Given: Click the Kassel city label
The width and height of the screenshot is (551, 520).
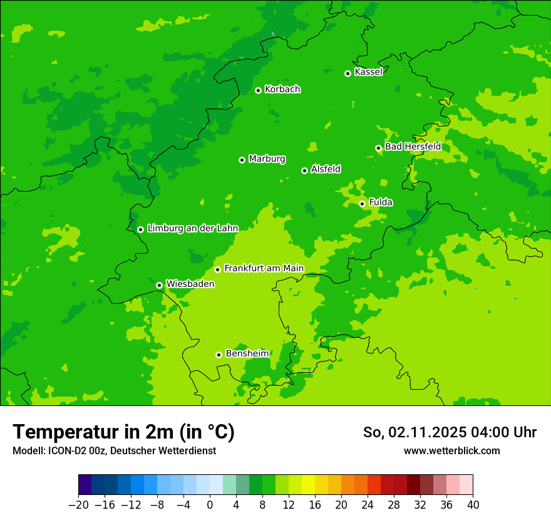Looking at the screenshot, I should coord(368,72).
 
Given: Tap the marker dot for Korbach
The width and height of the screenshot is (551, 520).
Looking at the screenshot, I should coord(258,90).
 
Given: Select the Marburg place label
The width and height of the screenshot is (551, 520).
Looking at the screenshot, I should coord(267,159).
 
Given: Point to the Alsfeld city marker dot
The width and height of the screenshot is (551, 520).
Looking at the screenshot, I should coord(304,170).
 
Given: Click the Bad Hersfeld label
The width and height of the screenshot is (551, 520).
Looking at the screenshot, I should coord(413,147).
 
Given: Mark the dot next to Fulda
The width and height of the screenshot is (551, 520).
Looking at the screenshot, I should coord(362,204).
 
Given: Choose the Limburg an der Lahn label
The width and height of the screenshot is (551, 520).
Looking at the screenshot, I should coord(192,229).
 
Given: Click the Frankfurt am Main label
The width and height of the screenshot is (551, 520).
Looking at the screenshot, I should coord(264,269).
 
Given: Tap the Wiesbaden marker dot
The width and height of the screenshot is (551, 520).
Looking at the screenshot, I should coord(159,285).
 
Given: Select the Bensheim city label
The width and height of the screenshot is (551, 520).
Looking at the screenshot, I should coord(247,353).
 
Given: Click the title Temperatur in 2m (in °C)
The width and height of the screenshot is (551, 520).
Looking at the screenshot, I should coord(123,432).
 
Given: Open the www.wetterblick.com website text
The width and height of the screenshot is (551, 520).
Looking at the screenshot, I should coord(451,450).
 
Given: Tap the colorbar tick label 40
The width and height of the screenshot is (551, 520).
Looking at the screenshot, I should coord(473,505).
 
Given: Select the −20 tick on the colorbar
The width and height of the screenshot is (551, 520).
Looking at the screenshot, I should coord(78,505).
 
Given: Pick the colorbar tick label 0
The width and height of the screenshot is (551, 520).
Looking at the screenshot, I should coord(210,505).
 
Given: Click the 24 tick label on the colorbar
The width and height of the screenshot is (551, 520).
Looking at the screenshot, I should coord(368,505).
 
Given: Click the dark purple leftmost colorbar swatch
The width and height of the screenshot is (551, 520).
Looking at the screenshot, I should coord(85,485).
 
